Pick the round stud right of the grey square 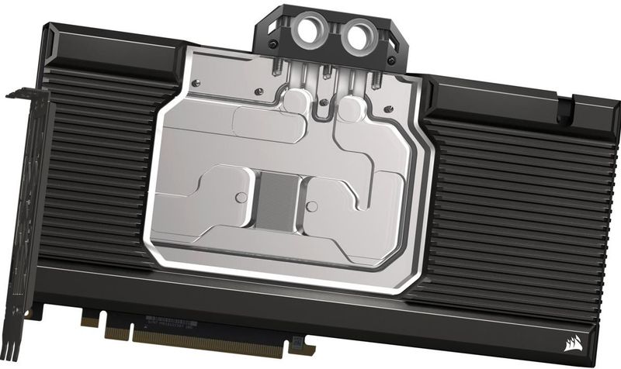pos(312,205)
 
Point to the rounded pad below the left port pos(295,102)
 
